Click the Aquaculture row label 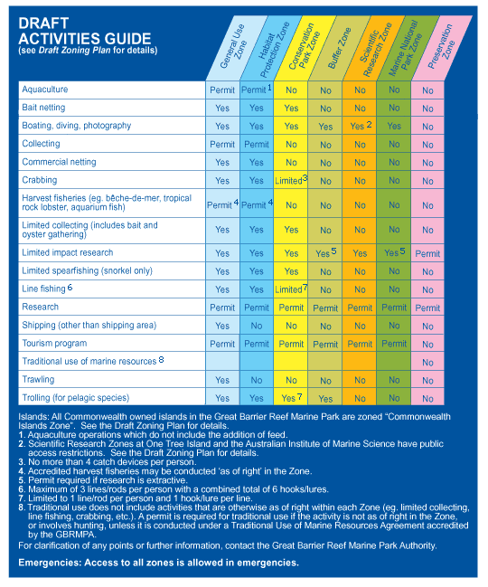pos(45,90)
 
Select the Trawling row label pos(38,379)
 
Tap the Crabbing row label pos(40,180)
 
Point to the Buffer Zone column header pos(339,48)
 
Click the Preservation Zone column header pos(441,47)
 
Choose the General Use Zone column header pos(233,46)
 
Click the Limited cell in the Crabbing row pos(291,180)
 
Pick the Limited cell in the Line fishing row pos(291,289)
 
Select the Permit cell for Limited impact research pos(427,254)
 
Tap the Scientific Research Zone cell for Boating pos(361,126)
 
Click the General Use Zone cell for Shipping pos(222,327)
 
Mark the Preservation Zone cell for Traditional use pos(427,363)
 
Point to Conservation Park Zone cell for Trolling pos(291,398)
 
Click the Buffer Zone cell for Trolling pos(325,399)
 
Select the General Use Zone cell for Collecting pos(222,145)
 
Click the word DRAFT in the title pos(43,24)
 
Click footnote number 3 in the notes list pos(22,462)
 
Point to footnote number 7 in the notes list pos(22,498)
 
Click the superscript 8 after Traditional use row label pos(161,359)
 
